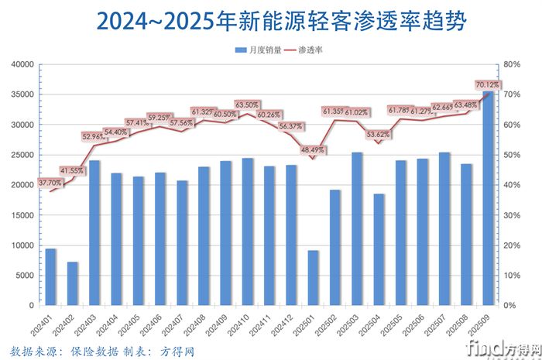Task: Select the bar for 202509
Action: coord(488,198)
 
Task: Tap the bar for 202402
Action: coord(72,283)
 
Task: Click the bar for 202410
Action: coord(247,231)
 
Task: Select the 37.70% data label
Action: coord(50,183)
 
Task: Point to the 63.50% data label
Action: coord(247,104)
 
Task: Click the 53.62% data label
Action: coord(379,134)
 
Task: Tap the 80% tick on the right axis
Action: coord(513,64)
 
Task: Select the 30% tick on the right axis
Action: coord(513,215)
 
